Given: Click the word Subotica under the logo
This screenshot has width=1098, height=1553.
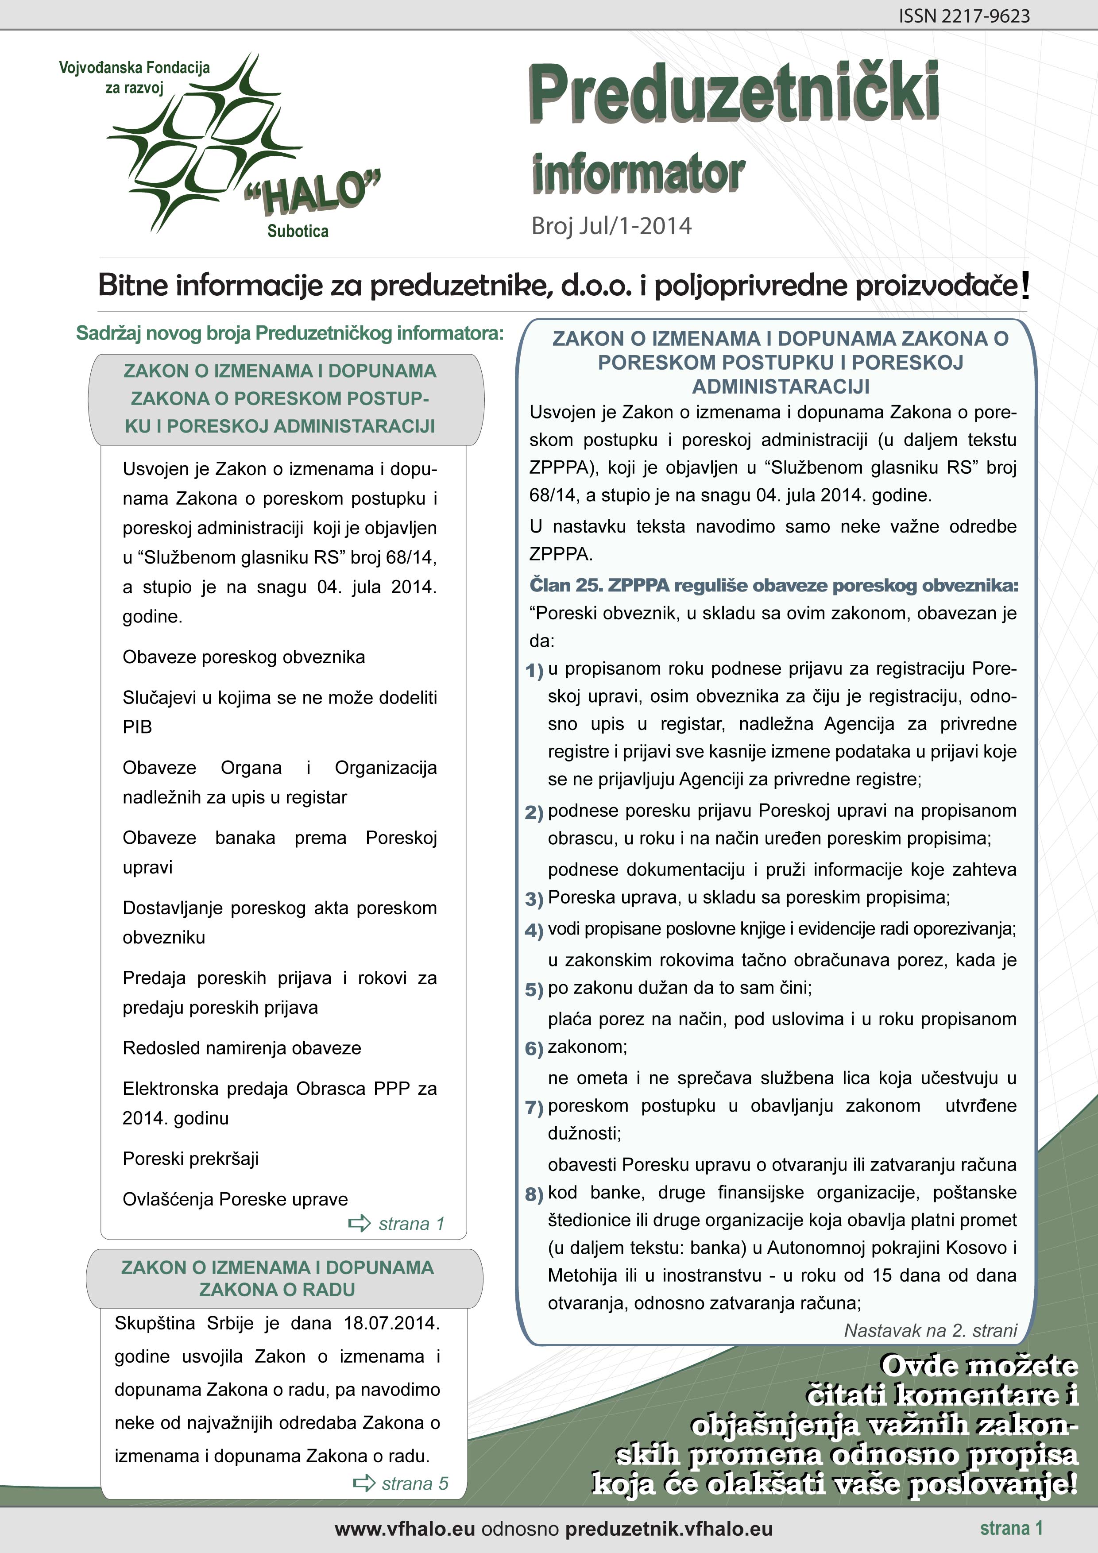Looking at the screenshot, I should pos(298,232).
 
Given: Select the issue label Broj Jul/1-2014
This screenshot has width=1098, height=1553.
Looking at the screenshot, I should pos(611,226).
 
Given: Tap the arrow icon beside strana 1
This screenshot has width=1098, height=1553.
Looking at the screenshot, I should pos(359,1223).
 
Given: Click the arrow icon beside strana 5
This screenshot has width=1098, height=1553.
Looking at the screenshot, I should pos(364,1483).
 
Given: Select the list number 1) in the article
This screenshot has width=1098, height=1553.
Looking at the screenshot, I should pos(534,670).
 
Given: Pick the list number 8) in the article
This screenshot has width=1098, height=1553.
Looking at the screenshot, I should pos(534,1194).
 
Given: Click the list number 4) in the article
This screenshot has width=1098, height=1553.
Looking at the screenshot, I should pos(534,931).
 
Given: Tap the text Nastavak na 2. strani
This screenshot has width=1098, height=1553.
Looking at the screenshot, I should pos(930,1330).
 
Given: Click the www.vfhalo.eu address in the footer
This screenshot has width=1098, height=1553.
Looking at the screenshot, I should pos(405,1529).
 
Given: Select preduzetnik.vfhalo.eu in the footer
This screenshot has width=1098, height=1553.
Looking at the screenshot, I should pos(669,1529).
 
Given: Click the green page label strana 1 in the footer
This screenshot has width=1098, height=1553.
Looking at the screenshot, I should pos(1011,1528).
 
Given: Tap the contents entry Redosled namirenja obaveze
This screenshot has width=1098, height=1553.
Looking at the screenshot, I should pos(242,1048).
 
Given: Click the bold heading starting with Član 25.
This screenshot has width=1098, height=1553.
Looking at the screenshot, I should pos(773,585).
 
